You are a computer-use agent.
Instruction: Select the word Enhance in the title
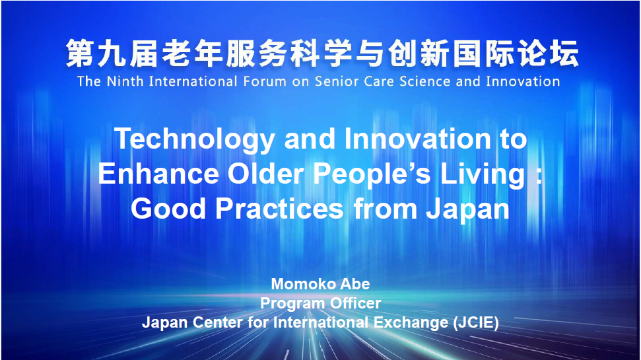point(158,174)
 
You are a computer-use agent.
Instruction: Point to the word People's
point(372,174)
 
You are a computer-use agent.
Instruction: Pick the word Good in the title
point(168,209)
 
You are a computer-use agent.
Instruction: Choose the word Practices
point(279,209)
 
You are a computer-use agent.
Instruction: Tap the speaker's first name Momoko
point(298,284)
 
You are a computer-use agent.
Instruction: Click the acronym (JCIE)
point(476,323)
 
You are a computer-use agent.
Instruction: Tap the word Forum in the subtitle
point(265,81)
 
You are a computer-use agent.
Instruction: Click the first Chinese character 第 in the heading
point(80,54)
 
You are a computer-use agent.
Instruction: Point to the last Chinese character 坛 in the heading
point(564,54)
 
